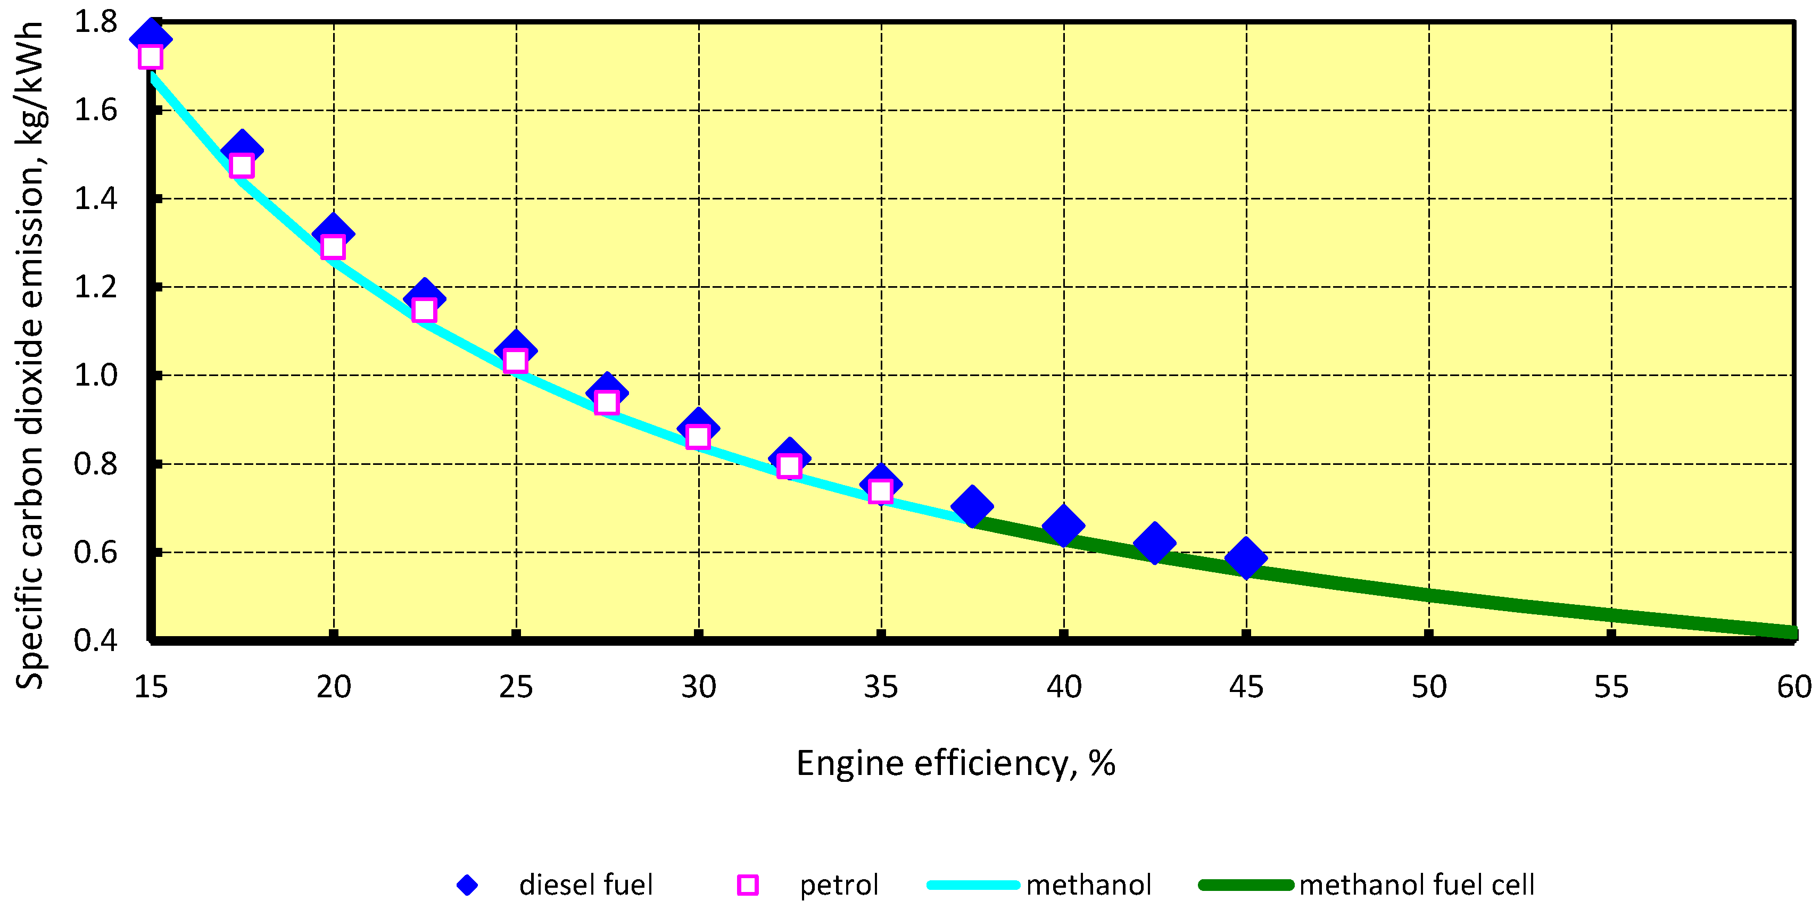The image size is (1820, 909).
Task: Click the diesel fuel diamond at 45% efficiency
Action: [1246, 558]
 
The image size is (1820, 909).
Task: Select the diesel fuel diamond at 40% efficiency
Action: [1063, 526]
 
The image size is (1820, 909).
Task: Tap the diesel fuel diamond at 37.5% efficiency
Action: [972, 506]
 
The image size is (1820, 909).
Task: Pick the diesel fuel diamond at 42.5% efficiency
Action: [1154, 543]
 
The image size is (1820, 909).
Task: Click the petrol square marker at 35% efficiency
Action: [880, 491]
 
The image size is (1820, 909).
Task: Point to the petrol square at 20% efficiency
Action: [333, 247]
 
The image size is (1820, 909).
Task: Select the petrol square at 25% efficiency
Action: [516, 360]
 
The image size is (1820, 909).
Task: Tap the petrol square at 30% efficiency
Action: [698, 437]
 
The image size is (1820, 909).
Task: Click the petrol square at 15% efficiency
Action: [151, 56]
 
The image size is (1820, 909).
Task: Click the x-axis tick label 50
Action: [1428, 687]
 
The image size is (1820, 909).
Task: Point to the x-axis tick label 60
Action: [1794, 687]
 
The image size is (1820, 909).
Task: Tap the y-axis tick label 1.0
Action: [96, 376]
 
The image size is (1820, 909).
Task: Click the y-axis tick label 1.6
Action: [96, 110]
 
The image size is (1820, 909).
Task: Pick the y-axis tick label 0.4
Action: [96, 640]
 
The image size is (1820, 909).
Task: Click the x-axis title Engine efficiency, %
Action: [955, 763]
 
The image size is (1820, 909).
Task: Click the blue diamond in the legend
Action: [467, 885]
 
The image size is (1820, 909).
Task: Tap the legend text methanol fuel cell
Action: [1417, 885]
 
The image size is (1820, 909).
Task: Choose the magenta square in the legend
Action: [748, 885]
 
